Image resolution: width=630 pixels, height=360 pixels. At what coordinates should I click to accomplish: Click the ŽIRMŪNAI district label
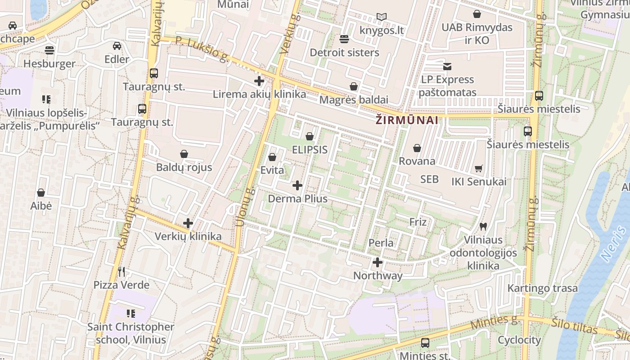[x=407, y=120]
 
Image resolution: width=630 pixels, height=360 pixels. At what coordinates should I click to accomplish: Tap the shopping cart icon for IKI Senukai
[x=479, y=168]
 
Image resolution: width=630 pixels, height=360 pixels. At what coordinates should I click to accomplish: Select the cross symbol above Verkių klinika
[x=188, y=223]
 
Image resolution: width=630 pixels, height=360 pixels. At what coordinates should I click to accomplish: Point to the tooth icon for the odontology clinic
[x=483, y=226]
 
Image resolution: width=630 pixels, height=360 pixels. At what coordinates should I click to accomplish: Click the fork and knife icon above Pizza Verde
[x=121, y=271]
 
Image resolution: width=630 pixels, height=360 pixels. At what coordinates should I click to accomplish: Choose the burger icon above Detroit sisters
[x=344, y=39]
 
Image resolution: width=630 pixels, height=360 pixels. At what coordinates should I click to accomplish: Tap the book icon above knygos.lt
[x=382, y=17]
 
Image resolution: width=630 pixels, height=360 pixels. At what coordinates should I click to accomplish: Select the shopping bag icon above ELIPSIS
[x=310, y=136]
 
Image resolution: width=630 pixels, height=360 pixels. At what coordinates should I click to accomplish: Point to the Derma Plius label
[x=297, y=198]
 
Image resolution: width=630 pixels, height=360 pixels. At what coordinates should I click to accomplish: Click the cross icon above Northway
[x=378, y=262]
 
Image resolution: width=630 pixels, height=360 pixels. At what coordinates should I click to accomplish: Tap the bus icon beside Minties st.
[x=425, y=343]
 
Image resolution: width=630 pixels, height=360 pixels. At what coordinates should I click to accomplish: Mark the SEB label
[x=429, y=179]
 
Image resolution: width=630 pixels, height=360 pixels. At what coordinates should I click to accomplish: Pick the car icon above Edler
[x=117, y=45]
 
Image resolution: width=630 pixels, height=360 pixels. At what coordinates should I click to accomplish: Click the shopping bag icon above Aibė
[x=41, y=193]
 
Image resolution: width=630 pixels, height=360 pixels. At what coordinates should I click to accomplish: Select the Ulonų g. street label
[x=245, y=207]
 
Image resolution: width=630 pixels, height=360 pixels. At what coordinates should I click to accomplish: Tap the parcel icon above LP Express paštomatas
[x=447, y=66]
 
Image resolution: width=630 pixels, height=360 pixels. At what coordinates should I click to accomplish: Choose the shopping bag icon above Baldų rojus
[x=184, y=154]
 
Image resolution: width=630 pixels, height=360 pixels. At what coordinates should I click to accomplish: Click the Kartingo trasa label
[x=542, y=288]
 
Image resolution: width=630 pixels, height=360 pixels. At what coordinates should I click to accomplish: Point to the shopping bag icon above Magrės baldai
[x=354, y=86]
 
